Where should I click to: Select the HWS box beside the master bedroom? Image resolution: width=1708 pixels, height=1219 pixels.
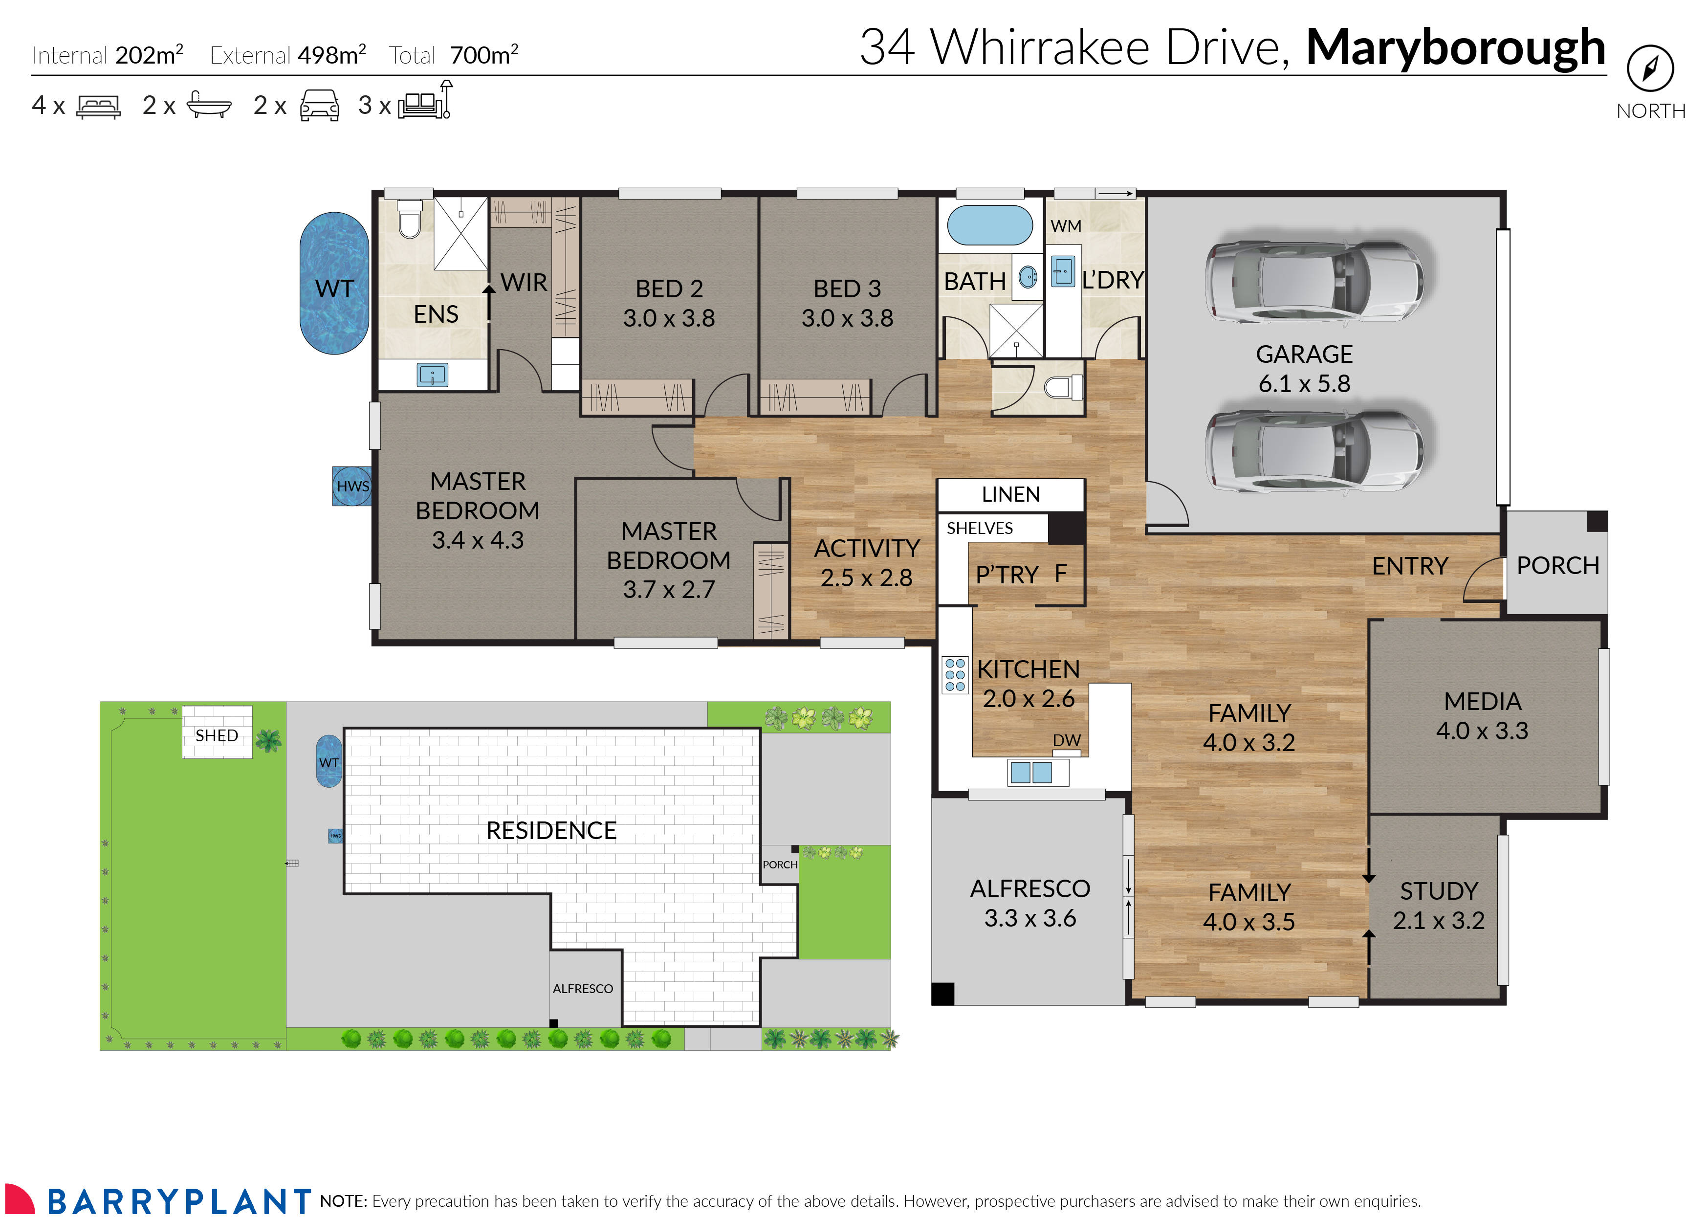coord(352,486)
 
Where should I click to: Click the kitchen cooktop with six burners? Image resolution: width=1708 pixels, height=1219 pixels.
coord(955,674)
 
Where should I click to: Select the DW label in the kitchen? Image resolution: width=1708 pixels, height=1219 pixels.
coord(1066,740)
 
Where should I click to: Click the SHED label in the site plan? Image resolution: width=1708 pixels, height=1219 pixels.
coord(217,735)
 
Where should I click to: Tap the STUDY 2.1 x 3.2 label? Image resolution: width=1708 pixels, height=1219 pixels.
coord(1438,905)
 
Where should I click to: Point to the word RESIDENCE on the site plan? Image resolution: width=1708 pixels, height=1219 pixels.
coord(551,830)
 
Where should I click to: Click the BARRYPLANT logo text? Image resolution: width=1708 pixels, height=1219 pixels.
coord(180,1201)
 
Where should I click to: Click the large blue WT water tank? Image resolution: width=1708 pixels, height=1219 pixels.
coord(334,283)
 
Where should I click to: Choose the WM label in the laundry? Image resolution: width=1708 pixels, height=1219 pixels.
coord(1066,226)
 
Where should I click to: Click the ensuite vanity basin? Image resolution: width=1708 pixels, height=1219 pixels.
coord(432,375)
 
